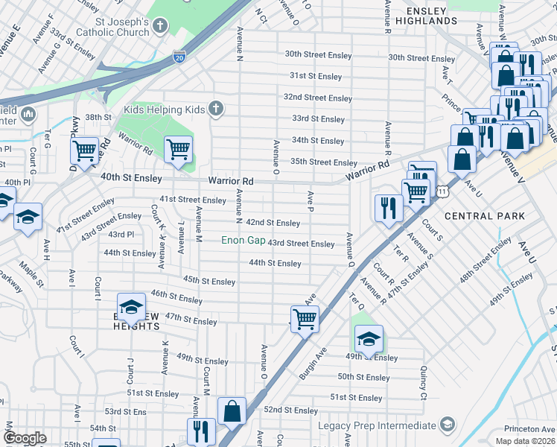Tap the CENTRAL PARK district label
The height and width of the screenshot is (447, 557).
coord(484,216)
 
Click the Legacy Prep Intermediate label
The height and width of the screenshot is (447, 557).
coord(378,425)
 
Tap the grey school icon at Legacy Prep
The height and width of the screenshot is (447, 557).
coord(447,425)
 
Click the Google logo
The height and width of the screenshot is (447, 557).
coord(25,438)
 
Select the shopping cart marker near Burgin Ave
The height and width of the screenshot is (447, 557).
coord(305,319)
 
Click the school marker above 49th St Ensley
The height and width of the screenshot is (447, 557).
coord(369,338)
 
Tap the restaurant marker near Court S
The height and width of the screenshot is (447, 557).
coord(389,206)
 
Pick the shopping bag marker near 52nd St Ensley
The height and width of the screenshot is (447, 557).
coord(232,410)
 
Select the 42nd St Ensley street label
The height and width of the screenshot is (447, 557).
coord(273,223)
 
